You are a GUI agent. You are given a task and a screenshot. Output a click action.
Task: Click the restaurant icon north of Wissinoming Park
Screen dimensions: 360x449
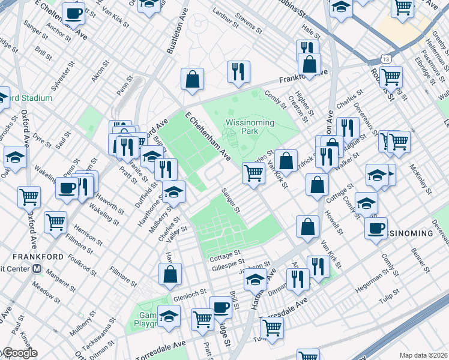click(238, 72)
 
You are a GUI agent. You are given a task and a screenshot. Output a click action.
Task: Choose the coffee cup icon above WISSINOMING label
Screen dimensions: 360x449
click(376, 228)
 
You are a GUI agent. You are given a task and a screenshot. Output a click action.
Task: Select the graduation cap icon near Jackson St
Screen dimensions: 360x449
click(256, 280)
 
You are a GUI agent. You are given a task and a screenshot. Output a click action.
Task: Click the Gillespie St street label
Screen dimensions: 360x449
click(228, 262)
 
